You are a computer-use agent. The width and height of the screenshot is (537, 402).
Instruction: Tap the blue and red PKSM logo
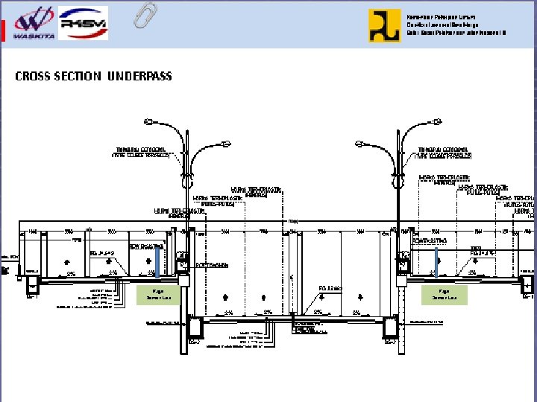(83, 22)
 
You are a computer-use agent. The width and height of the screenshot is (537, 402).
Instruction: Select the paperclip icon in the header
(145, 15)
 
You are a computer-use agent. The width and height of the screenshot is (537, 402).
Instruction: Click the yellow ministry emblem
(384, 25)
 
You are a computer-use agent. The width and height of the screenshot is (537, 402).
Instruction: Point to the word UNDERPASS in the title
(139, 76)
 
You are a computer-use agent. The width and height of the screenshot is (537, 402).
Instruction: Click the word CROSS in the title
(34, 76)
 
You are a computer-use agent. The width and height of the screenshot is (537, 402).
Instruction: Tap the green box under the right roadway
(444, 295)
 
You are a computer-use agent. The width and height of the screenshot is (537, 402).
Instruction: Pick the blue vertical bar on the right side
(436, 262)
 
